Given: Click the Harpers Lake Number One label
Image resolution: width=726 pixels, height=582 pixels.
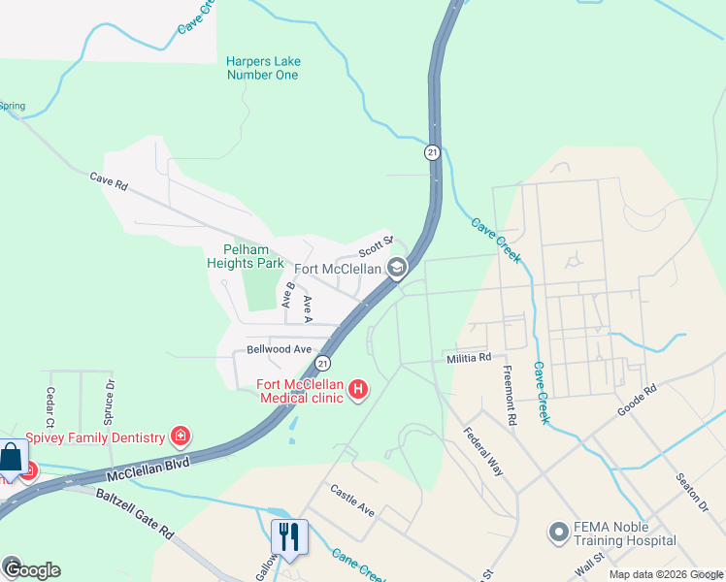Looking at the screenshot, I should point(263,68).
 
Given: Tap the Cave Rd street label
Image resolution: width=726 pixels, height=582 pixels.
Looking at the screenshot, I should point(109,179).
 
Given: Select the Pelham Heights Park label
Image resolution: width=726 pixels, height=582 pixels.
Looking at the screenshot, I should point(246,256).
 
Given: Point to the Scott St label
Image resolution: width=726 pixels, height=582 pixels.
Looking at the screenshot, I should point(376,242).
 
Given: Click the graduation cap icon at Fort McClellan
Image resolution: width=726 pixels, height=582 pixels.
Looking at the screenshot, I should point(397,268).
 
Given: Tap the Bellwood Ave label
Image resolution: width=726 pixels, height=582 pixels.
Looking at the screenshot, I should point(280,349).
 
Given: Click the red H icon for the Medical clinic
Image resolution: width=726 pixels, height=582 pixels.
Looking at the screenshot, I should point(358,390).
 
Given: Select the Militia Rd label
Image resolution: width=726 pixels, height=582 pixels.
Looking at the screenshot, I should point(469,358).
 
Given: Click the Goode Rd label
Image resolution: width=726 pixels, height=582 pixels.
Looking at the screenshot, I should point(637,401).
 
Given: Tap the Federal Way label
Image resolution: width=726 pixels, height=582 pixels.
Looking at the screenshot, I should point(483,451).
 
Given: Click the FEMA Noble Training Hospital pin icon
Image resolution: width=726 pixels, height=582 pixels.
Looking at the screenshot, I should point(558,532).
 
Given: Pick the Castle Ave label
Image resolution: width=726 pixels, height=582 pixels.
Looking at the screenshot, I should point(352,500).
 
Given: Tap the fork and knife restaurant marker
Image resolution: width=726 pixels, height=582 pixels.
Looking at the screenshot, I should point(289,536).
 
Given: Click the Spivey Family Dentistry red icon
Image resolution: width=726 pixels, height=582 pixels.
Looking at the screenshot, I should point(179,436).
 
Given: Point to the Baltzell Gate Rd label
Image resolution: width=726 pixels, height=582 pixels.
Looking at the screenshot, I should point(135,511).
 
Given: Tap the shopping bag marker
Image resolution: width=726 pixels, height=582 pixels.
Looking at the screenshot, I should point(10,458).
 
